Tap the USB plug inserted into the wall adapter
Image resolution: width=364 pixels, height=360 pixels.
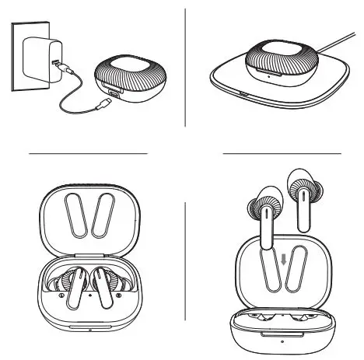pos(63,64)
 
